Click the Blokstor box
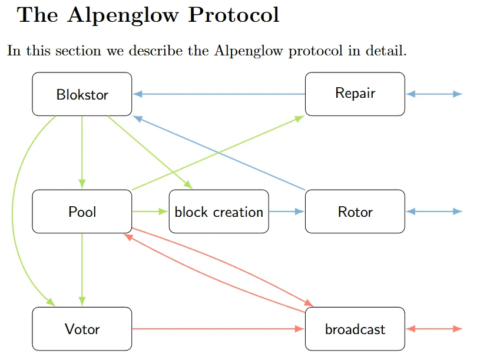(82, 94)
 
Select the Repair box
(355, 94)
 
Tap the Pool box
(82, 212)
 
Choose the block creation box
(218, 212)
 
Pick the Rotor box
(355, 212)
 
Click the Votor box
(82, 329)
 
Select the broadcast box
(355, 329)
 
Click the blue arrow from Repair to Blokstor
(218, 94)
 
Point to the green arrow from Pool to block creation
(150, 211)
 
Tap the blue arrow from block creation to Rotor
(287, 211)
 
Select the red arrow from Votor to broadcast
(218, 329)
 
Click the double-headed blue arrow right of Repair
(435, 94)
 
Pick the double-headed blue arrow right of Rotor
(435, 212)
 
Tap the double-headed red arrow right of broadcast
(435, 329)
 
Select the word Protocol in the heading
(234, 15)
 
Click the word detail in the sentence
(385, 51)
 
